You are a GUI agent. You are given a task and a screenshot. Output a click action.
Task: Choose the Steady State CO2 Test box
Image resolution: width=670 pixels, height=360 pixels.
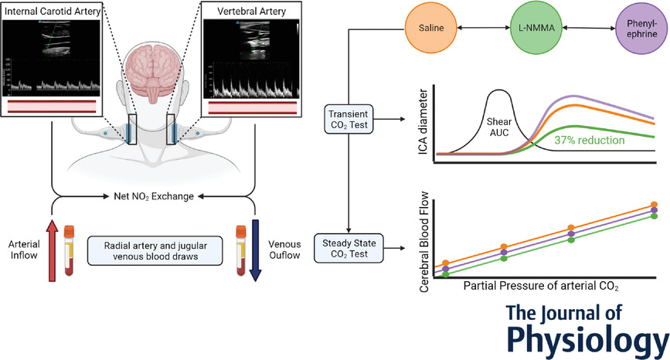[349, 248]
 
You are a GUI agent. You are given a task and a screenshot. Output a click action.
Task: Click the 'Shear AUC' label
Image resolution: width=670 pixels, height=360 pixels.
[499, 127]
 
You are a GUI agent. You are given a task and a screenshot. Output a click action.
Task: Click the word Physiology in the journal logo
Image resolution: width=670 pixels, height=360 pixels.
[588, 338]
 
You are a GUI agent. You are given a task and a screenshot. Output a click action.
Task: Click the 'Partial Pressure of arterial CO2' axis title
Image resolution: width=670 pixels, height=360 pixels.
[541, 285]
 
